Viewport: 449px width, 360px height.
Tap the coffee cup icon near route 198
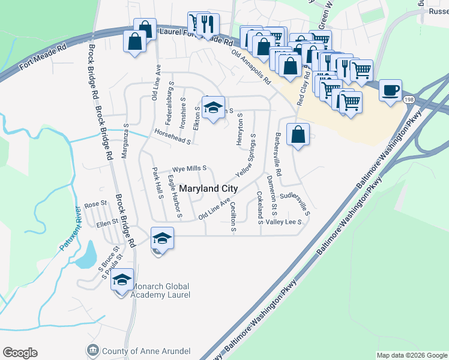tap(391, 90)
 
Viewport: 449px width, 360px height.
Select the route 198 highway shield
tap(409, 98)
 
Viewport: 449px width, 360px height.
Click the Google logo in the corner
tap(20, 353)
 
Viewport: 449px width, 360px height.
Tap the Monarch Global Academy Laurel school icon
tap(122, 280)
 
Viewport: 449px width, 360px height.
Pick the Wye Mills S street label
tap(190, 169)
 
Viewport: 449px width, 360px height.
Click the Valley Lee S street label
tap(283, 221)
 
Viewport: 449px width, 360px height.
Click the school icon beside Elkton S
tap(212, 107)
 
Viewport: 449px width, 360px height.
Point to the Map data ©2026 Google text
tap(412, 355)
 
